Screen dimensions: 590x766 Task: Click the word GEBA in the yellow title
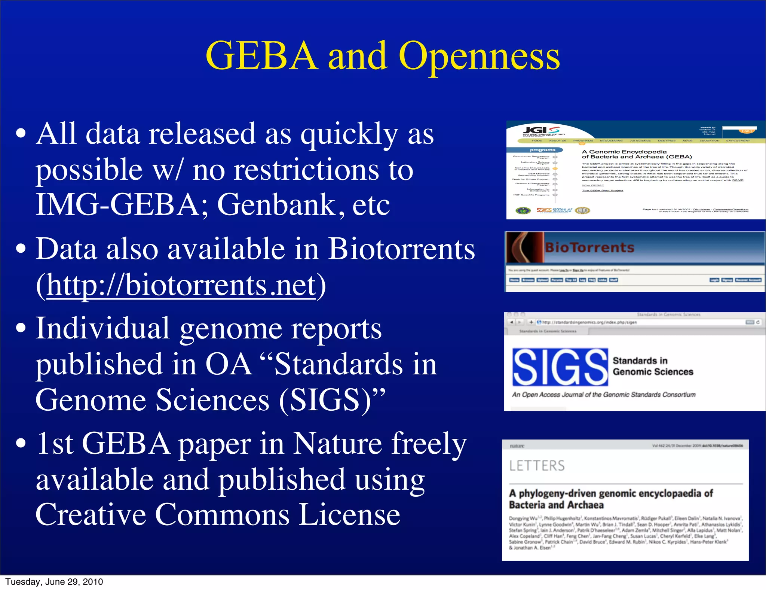261,56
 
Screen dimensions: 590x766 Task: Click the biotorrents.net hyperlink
181,285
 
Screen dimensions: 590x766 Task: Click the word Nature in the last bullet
337,444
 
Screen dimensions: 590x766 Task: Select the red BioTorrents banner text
589,247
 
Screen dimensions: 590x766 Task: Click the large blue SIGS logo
560,367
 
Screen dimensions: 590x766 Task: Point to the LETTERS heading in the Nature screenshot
537,466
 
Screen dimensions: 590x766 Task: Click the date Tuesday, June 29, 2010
54,582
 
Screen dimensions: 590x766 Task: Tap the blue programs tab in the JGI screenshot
542,150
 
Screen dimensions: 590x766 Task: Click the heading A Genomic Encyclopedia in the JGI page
624,152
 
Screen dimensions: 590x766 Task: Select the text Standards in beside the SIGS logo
640,361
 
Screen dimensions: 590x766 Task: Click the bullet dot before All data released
21,134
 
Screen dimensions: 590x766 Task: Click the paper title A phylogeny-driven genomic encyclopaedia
611,493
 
